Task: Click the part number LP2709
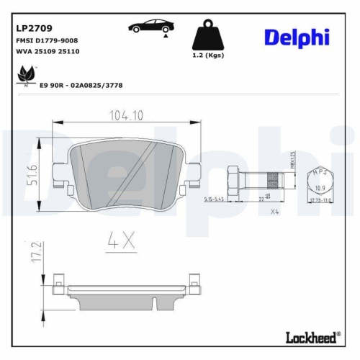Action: tap(33, 30)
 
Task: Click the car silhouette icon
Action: tap(150, 28)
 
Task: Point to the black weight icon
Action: tap(207, 35)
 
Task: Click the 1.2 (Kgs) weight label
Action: tap(207, 55)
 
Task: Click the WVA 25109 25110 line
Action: tap(48, 53)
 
